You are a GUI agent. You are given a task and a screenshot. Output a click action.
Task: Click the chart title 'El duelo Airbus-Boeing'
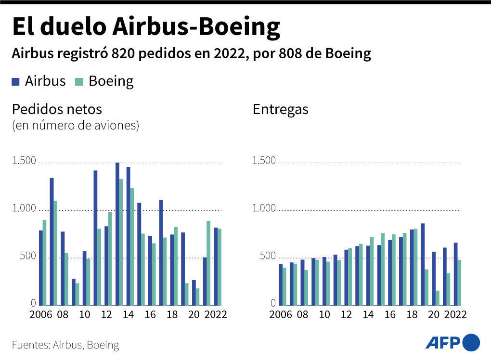[x=145, y=27]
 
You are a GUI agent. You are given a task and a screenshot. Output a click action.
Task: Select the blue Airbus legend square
[x=16, y=82]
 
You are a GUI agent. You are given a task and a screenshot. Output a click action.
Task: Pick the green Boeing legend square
[x=79, y=82]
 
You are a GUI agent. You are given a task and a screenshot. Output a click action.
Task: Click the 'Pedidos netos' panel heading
[x=57, y=109]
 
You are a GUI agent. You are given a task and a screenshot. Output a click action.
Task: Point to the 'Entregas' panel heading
[x=280, y=110]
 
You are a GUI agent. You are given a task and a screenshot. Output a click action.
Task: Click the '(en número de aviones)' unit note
[x=75, y=126]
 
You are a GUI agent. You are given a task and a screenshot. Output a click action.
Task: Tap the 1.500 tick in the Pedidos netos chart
[x=24, y=161]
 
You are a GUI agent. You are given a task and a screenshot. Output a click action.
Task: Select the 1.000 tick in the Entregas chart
[x=264, y=208]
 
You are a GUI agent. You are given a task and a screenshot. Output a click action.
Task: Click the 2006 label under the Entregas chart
[x=280, y=315]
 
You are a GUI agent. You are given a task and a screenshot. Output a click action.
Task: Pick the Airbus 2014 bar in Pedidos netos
[x=128, y=236]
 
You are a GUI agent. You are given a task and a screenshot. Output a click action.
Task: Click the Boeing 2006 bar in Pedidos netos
[x=45, y=262]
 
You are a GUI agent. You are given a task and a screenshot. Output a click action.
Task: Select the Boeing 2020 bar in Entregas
[x=438, y=298]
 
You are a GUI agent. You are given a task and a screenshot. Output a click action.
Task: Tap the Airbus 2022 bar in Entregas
[x=455, y=274]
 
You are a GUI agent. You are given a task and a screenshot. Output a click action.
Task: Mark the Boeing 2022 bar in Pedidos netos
[x=220, y=267]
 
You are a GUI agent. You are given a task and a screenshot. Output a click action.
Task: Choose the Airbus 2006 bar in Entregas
[x=281, y=284]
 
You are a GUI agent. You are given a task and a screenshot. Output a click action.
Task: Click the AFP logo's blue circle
[x=471, y=343]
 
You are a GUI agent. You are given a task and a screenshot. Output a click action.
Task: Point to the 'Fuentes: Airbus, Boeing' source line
[x=65, y=345]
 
